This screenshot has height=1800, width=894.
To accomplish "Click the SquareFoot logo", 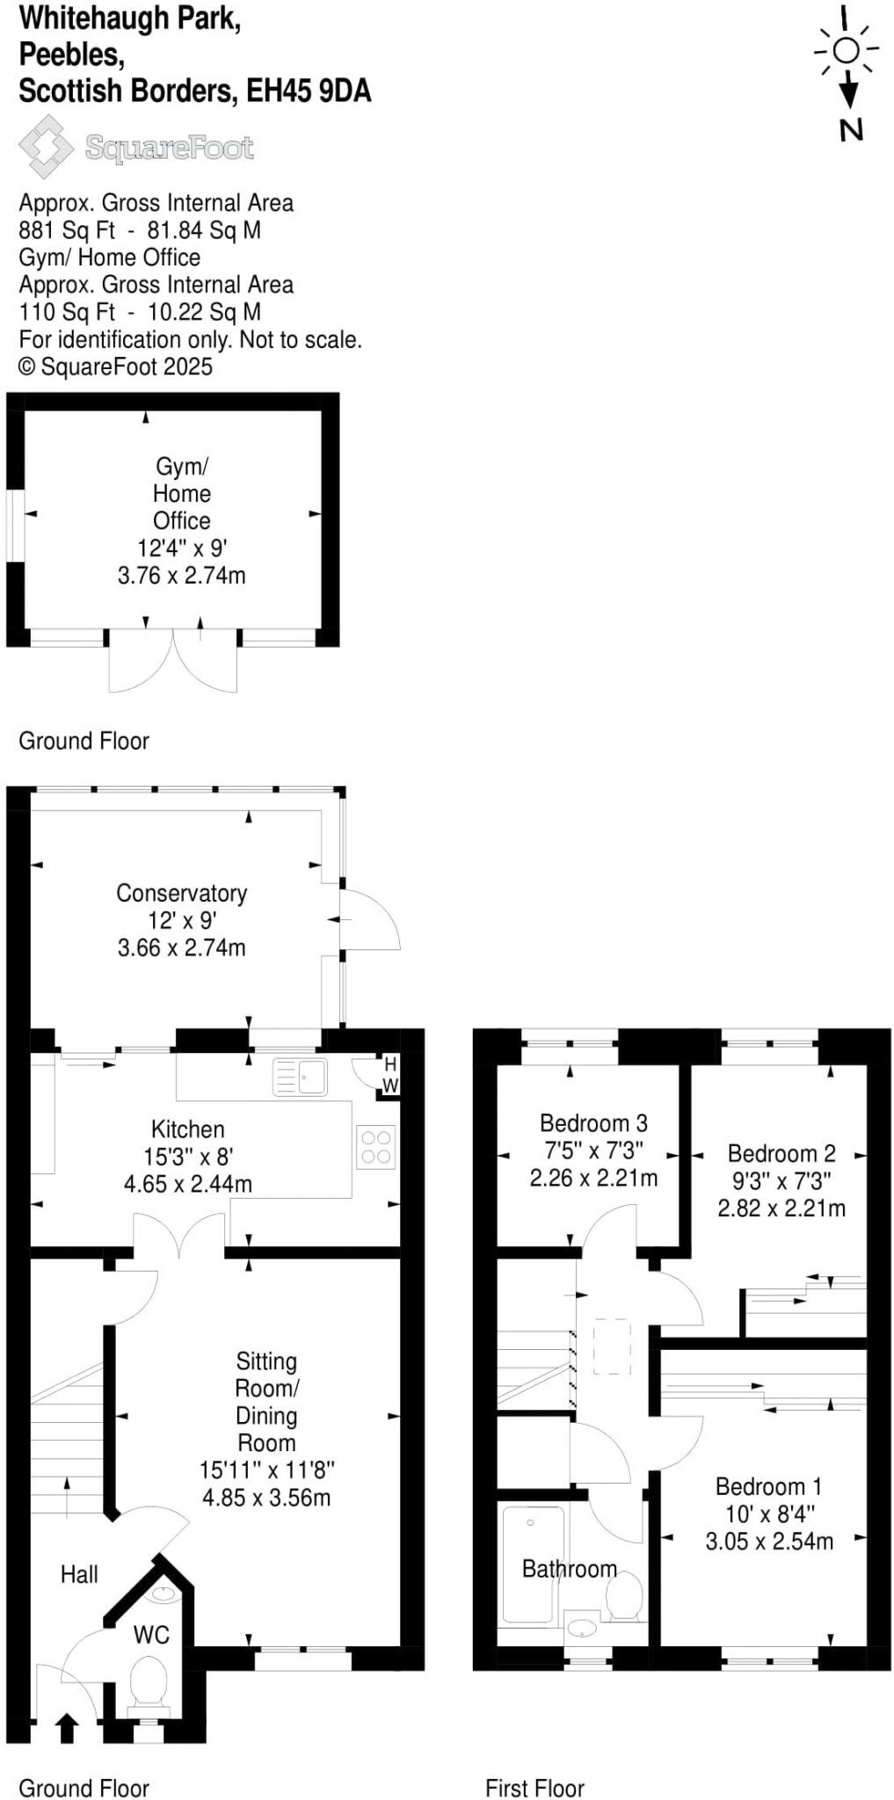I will [x=136, y=147].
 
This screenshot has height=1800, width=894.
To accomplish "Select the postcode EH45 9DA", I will [x=309, y=91].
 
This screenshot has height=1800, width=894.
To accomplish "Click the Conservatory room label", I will [x=182, y=893].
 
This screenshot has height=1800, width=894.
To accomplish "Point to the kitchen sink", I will [x=301, y=1077].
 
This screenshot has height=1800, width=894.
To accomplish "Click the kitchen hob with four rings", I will [x=376, y=1147].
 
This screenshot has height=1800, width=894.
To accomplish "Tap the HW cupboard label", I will [x=390, y=1075].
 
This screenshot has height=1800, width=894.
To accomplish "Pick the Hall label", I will [x=79, y=1574].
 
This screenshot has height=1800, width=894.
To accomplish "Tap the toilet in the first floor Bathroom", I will [x=624, y=1596].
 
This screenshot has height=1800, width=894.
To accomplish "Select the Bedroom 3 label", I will [x=593, y=1123].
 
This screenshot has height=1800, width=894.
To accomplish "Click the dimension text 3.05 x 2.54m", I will [x=769, y=1541].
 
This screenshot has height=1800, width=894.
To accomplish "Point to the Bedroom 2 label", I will [x=781, y=1153].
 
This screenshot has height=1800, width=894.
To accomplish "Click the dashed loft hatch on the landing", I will [x=612, y=1346].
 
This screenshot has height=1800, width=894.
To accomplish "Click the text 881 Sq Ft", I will [x=67, y=230].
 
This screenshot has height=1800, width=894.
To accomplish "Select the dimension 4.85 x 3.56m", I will [x=266, y=1497].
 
